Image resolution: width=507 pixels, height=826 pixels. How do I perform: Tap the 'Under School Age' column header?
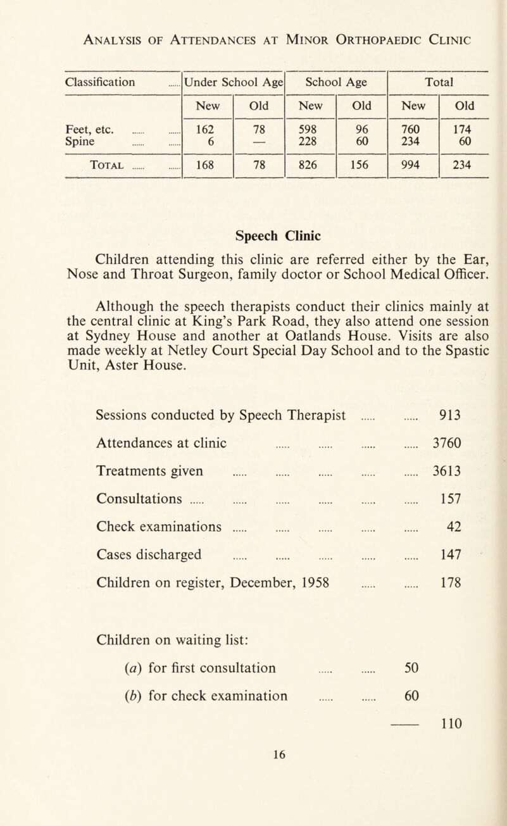234,82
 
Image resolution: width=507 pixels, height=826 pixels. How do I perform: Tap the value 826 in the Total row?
311,170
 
